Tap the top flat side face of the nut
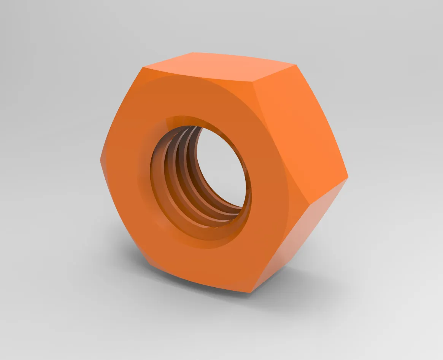(x=217, y=68)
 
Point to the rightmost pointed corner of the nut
(x=348, y=177)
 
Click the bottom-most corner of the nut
(x=251, y=292)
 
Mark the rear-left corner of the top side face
(x=193, y=53)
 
